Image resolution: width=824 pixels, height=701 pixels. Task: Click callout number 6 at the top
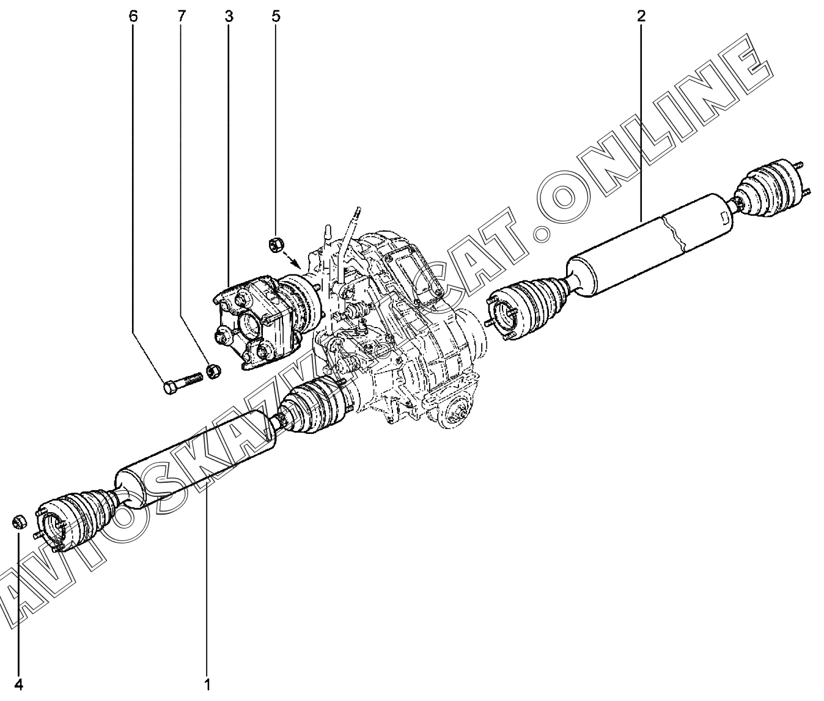[x=133, y=17]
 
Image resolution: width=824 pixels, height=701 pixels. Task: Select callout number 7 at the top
[x=181, y=17]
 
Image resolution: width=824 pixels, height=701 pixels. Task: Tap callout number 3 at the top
[x=229, y=17]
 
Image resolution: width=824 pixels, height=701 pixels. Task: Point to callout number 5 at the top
[x=276, y=17]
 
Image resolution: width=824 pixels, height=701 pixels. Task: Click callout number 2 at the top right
[x=641, y=17]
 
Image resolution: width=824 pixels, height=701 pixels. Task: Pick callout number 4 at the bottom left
[x=19, y=684]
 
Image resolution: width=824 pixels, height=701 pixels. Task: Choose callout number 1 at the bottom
[x=207, y=684]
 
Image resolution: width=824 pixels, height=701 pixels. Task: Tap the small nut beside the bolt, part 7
[x=213, y=370]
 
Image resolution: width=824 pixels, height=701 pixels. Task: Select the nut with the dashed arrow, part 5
[x=275, y=246]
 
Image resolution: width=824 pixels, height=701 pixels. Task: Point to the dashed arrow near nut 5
[x=293, y=260]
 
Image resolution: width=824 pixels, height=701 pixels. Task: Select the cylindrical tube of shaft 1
[x=196, y=458]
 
